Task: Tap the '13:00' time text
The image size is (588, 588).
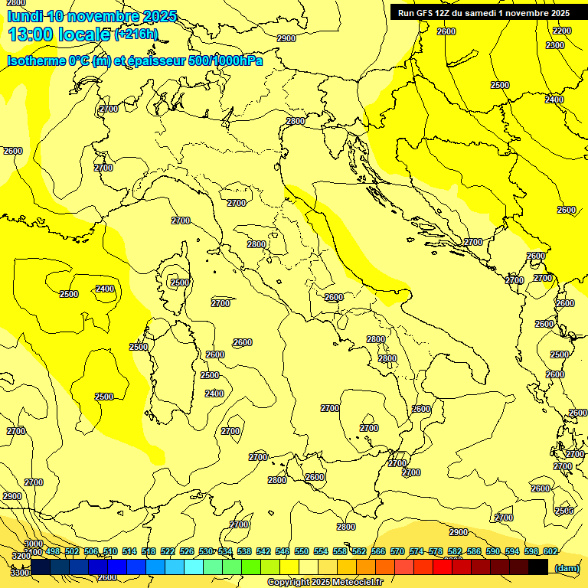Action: click(x=30, y=34)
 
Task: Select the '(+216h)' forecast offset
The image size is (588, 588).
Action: click(x=136, y=34)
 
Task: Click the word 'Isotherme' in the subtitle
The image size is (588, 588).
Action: click(x=35, y=61)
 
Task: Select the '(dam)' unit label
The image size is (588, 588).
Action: click(x=567, y=567)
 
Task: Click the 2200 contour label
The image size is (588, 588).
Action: click(x=562, y=31)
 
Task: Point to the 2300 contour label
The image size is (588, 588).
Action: click(x=555, y=45)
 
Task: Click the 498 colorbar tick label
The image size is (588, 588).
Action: click(x=52, y=552)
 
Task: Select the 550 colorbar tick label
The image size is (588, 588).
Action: click(x=302, y=552)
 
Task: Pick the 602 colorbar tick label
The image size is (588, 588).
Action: click(x=550, y=552)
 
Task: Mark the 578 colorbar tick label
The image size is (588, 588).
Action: click(x=435, y=552)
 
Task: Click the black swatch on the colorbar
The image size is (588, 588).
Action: click(x=537, y=567)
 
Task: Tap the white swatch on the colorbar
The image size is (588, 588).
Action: click(x=309, y=567)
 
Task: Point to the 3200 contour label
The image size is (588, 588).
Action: click(x=20, y=557)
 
